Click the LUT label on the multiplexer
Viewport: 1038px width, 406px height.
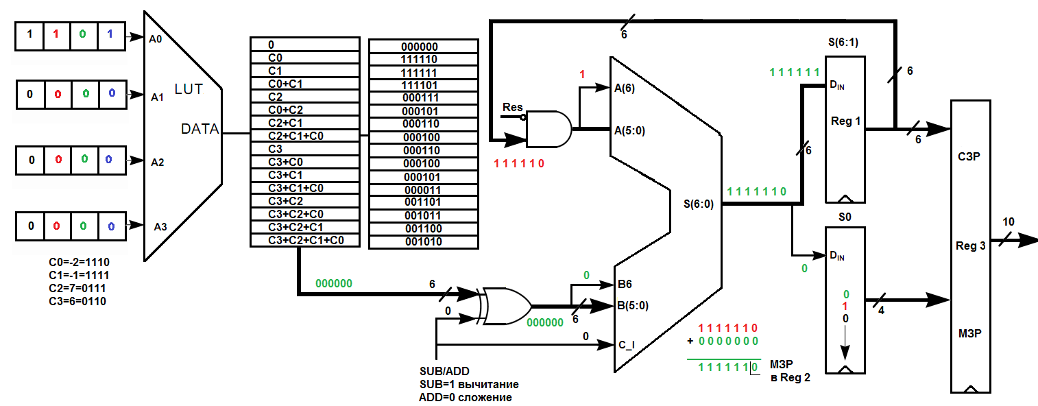[x=189, y=89]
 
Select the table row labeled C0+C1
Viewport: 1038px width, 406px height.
[x=305, y=84]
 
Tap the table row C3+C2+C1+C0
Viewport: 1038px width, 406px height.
[x=305, y=240]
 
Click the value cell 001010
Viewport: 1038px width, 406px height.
[x=424, y=241]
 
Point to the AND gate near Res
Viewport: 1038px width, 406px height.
[x=549, y=129]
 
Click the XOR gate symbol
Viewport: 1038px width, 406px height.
[x=506, y=306]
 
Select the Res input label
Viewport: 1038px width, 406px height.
[x=513, y=107]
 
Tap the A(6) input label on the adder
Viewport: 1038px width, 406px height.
[x=624, y=88]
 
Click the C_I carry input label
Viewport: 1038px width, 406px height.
[x=627, y=345]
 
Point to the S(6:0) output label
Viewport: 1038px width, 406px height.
[x=699, y=204]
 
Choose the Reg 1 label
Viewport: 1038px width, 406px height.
[x=845, y=121]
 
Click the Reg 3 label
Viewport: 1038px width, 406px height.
[x=970, y=246]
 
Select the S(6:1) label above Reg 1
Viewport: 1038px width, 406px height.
[x=843, y=42]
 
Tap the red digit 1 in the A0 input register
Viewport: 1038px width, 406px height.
[x=56, y=34]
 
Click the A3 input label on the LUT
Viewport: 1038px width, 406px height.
[x=160, y=226]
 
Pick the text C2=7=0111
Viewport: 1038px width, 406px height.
[x=77, y=288]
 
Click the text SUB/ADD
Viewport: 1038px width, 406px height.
[x=444, y=371]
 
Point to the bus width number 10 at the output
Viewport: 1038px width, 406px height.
[x=1009, y=222]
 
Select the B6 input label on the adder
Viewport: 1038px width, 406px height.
[x=625, y=284]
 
